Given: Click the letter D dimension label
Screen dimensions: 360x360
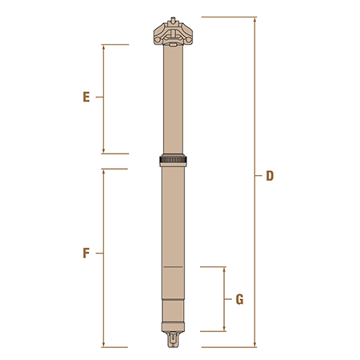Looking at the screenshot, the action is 270,176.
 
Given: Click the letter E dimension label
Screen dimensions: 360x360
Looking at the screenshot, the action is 86,97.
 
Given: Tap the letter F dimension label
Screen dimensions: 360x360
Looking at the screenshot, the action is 86,253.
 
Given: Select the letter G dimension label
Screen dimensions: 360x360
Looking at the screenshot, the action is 239,299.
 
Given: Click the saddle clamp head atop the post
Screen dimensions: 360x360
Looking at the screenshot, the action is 173,33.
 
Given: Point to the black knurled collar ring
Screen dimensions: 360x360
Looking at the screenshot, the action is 173,160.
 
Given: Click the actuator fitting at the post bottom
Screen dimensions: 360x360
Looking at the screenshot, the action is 173,339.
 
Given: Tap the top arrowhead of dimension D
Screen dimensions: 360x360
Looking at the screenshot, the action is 255,20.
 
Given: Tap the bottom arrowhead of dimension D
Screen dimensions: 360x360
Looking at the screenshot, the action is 255,345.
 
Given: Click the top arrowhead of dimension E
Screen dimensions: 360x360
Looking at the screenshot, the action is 103,47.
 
